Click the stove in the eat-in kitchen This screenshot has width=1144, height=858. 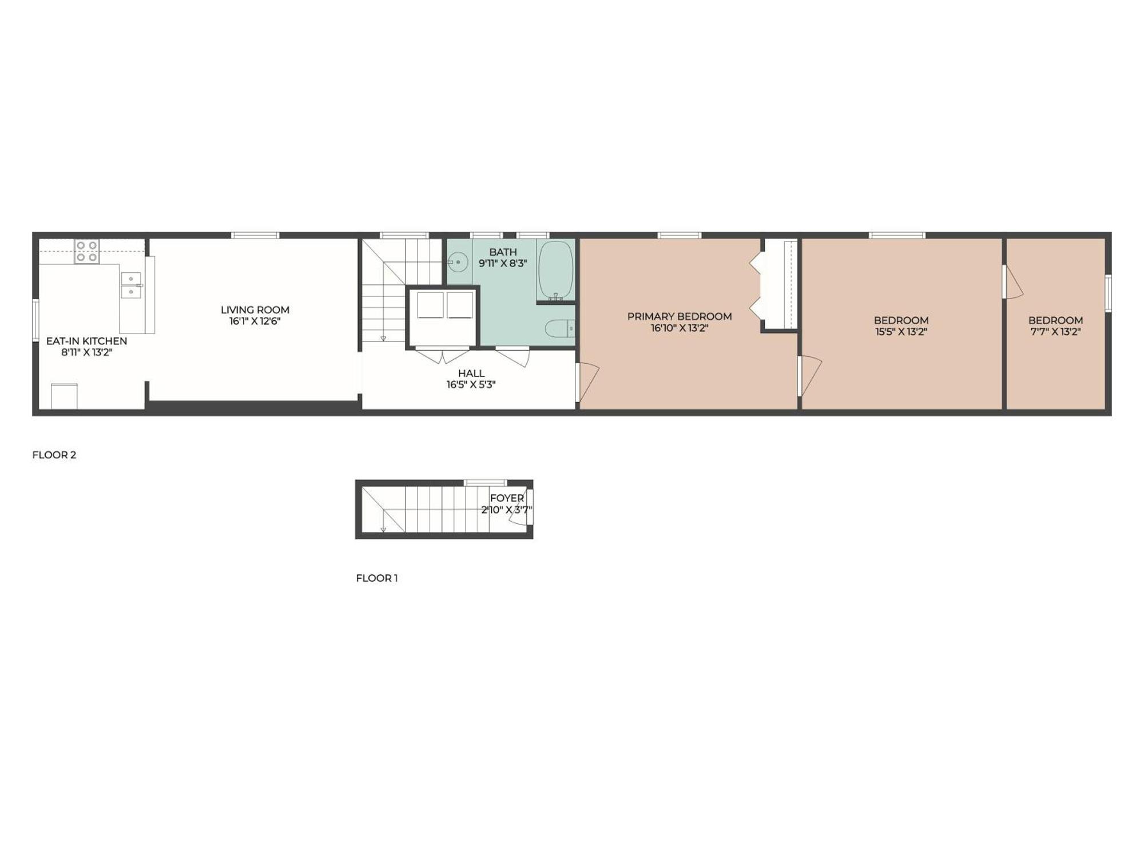click(87, 252)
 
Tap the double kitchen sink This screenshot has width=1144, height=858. click(131, 285)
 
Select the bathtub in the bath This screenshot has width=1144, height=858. click(555, 270)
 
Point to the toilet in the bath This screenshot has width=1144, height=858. click(559, 329)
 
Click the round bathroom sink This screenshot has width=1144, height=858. click(458, 263)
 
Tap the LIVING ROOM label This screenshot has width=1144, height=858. click(255, 310)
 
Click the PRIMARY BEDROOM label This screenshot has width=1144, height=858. click(680, 316)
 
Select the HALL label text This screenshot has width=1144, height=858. click(471, 374)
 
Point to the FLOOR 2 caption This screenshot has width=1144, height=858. click(54, 455)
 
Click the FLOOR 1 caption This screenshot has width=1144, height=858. click(377, 578)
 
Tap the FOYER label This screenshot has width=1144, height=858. click(507, 498)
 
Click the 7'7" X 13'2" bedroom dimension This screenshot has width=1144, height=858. click(1055, 331)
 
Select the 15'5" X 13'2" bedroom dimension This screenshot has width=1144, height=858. click(901, 331)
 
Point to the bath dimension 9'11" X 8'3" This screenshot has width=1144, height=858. click(503, 263)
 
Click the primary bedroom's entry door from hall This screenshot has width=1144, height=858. click(588, 382)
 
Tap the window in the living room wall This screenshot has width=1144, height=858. click(255, 235)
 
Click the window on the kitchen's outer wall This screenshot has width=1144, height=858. click(35, 321)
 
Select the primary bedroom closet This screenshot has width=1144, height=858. click(781, 284)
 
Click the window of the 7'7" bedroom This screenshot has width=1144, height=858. click(1108, 293)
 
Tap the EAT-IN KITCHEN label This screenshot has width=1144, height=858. click(86, 341)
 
